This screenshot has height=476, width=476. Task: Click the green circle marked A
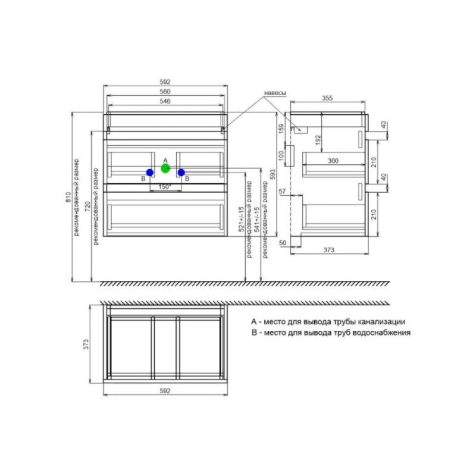[x=165, y=168]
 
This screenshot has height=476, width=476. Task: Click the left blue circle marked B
[x=150, y=173]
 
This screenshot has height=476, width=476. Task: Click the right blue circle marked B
[x=181, y=173]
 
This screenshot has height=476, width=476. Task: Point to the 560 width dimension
[x=165, y=92]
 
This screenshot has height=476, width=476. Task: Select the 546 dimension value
[x=165, y=101]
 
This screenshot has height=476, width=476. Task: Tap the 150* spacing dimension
[x=165, y=187]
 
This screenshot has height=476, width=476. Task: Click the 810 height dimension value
[x=68, y=198]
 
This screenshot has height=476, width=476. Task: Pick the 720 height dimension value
[x=87, y=206]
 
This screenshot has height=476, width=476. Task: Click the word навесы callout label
[x=275, y=93]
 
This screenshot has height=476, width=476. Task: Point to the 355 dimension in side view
[x=327, y=98]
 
